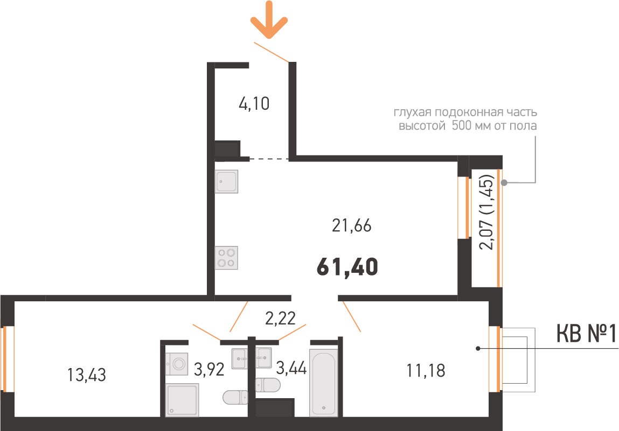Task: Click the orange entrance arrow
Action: point(269,20)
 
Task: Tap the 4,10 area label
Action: point(254,103)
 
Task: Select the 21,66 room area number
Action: point(352,227)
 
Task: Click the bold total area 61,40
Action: point(347,266)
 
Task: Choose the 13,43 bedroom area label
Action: point(87,375)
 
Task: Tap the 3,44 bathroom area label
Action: point(291,369)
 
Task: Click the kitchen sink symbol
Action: point(227,182)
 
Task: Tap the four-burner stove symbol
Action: point(227,257)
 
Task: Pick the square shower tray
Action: point(182,400)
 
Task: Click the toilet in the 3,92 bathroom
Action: point(235,398)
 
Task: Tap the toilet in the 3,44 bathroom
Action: point(268,385)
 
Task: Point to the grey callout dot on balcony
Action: point(504,183)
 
